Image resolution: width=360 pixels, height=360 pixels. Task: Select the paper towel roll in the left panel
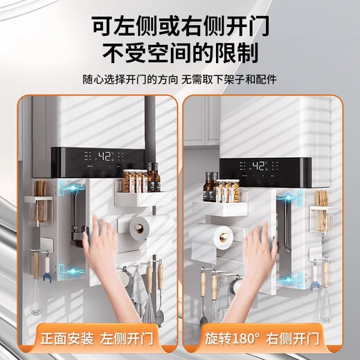pos(142,226)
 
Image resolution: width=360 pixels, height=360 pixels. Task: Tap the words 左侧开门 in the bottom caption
pos(127,339)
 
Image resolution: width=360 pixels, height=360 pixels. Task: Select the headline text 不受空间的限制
pos(180,52)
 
